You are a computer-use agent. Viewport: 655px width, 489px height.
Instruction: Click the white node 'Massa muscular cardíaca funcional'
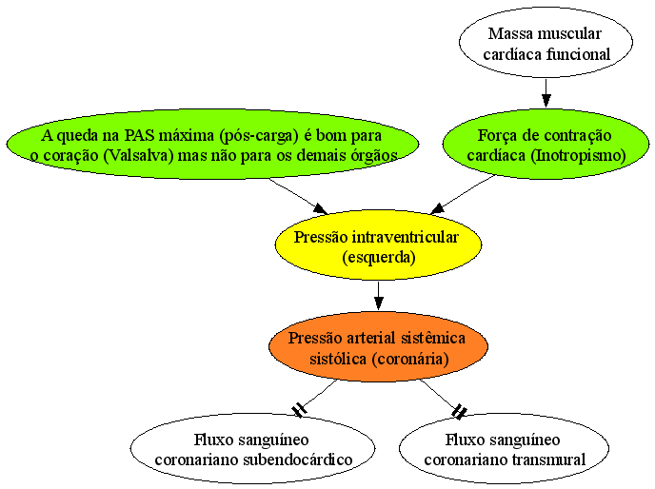coord(546,42)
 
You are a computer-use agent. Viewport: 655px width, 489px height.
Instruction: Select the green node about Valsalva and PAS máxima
coord(212,144)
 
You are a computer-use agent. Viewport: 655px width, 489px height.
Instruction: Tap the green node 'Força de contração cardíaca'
coord(546,144)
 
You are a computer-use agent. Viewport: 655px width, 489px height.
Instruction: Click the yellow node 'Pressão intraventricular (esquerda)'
coord(379,245)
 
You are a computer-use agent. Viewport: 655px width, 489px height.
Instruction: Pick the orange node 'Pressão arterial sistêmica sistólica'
coord(379,346)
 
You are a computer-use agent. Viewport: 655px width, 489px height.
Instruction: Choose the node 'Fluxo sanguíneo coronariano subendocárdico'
coord(252,448)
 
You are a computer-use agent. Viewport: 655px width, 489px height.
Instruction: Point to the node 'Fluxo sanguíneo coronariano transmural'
coord(505,448)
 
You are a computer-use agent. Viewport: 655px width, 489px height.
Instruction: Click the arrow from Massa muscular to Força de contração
coord(546,92)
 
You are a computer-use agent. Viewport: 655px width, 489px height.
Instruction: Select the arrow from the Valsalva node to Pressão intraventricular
coord(298,196)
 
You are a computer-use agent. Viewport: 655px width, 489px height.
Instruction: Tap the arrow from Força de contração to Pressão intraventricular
coord(463,194)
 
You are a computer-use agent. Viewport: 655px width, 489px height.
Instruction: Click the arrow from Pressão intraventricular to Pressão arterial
coord(379,296)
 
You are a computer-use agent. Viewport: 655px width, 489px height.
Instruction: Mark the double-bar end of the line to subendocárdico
coord(300,410)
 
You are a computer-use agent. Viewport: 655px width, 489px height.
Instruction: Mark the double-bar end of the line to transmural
coord(459,411)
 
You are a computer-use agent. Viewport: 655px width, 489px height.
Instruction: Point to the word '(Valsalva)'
coord(138,155)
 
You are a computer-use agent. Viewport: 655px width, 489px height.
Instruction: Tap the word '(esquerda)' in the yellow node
coord(379,257)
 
